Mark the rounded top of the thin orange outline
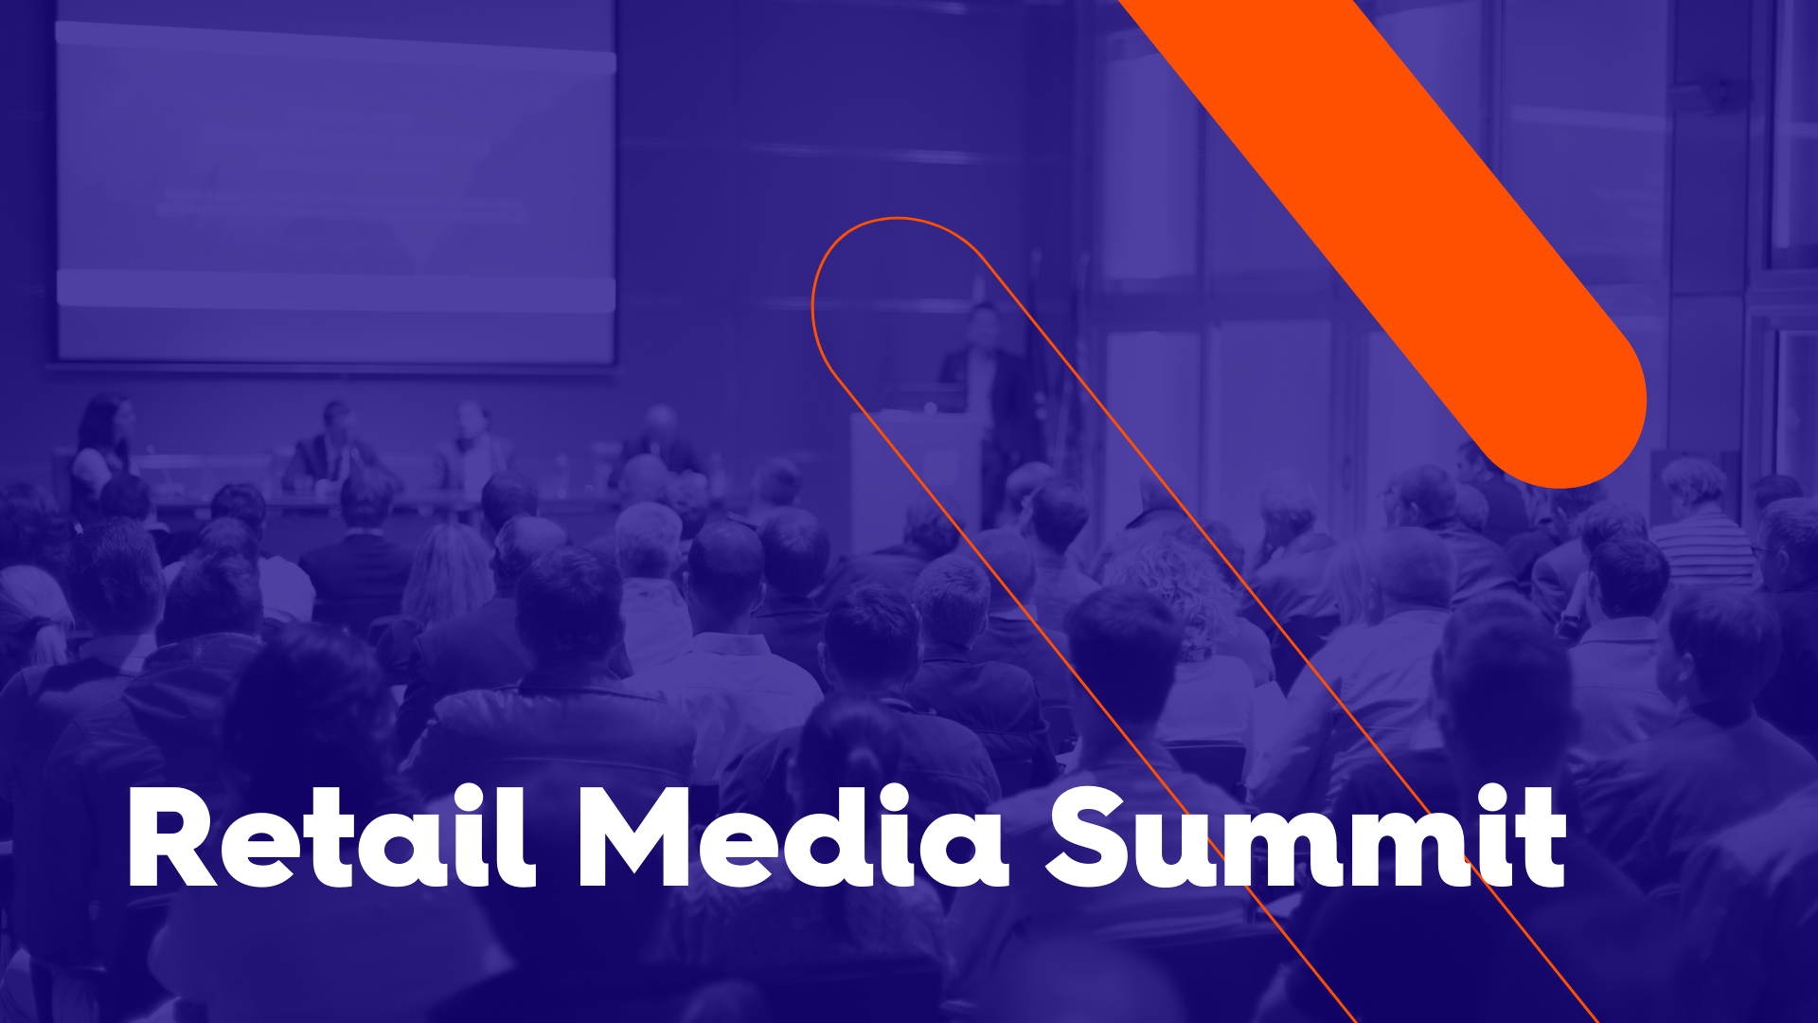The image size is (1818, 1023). pyautogui.click(x=896, y=219)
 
